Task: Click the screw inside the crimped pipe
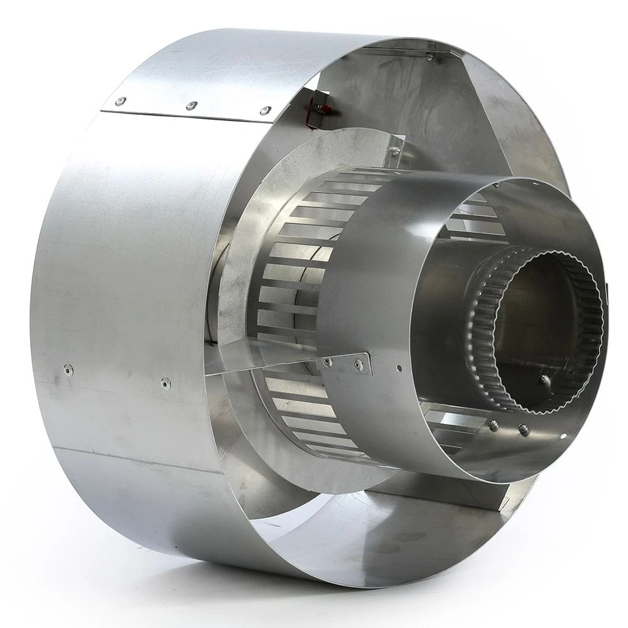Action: [544, 379]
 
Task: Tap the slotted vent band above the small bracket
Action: [295, 264]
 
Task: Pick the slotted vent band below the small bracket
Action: [301, 408]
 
